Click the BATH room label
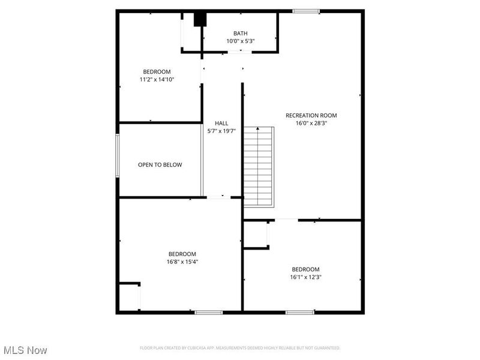click(x=241, y=34)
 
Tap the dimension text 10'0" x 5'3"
click(x=241, y=41)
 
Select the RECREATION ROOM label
click(x=311, y=116)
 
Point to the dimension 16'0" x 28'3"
click(x=311, y=124)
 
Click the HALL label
click(x=221, y=123)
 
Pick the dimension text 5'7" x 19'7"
click(x=221, y=131)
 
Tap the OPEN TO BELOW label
click(x=160, y=165)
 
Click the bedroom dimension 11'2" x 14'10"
click(x=157, y=79)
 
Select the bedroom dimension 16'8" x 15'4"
click(x=182, y=262)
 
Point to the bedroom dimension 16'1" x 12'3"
click(x=305, y=277)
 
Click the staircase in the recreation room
click(x=259, y=167)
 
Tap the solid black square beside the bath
click(x=200, y=19)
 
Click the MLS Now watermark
click(x=25, y=350)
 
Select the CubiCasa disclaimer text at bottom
click(x=240, y=348)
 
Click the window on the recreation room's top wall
click(x=306, y=11)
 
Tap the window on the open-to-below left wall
click(x=118, y=155)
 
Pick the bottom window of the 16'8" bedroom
click(x=209, y=312)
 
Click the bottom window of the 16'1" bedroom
click(x=299, y=312)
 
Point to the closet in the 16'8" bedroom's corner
click(x=129, y=296)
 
